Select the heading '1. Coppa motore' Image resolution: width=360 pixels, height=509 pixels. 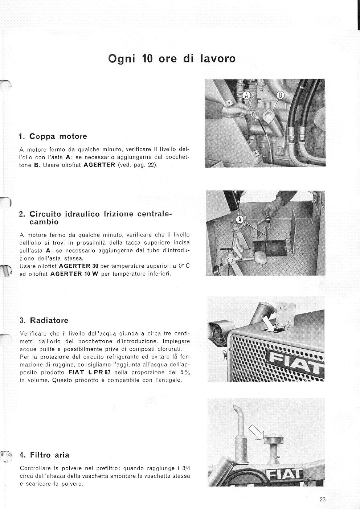(x=53, y=136)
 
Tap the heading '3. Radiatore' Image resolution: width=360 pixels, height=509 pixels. (x=44, y=320)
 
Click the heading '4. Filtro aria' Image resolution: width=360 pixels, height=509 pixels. (x=45, y=455)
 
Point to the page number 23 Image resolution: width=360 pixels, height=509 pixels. (x=323, y=499)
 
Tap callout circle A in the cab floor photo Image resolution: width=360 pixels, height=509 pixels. (x=240, y=219)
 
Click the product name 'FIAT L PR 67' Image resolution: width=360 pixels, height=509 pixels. (x=89, y=372)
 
